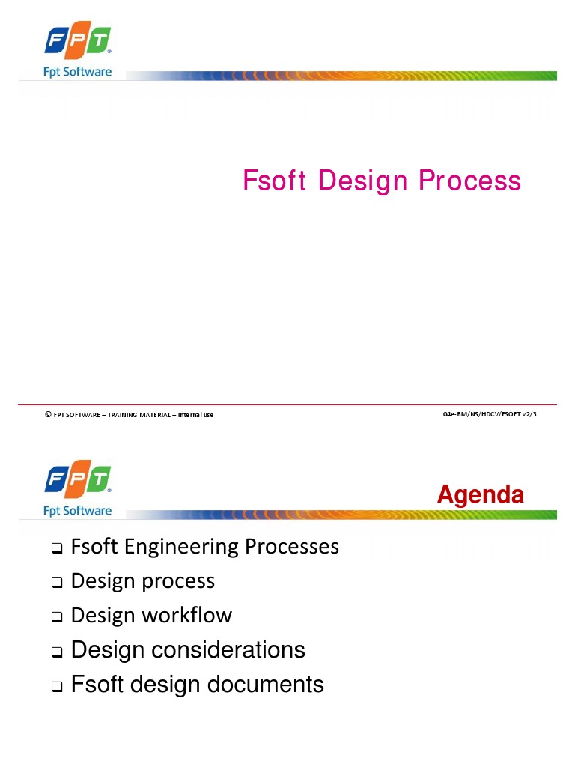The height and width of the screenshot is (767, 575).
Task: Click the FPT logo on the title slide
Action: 77,42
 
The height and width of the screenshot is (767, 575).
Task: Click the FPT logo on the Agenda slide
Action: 77,480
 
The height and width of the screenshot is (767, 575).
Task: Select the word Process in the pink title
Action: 469,181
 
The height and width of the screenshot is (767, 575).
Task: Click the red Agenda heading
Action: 480,494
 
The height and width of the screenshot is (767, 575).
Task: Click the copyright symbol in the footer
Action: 48,414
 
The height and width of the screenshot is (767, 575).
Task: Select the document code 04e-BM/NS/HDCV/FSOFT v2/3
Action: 490,414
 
